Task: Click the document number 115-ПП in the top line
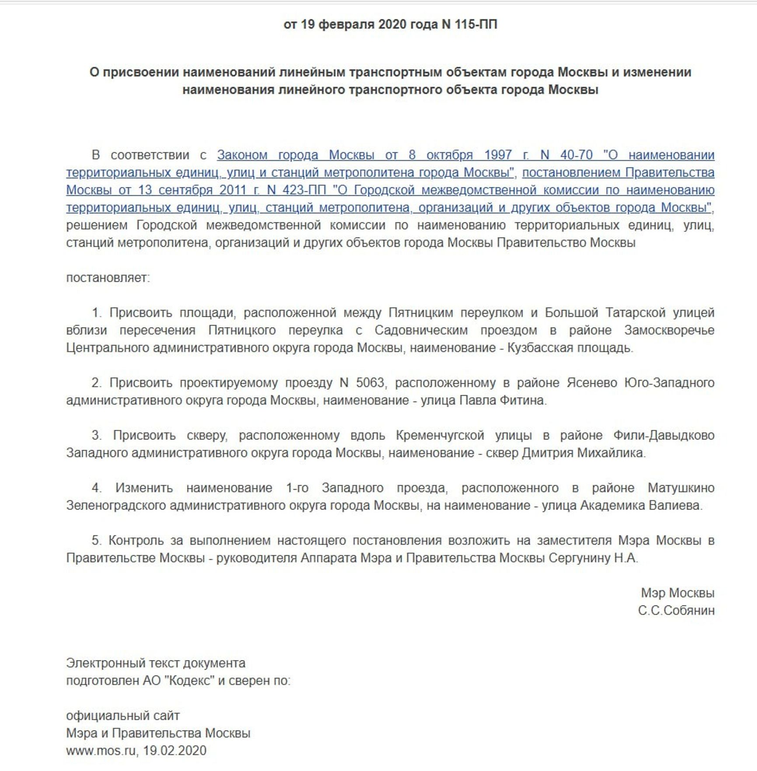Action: (476, 24)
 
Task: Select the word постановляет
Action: (108, 278)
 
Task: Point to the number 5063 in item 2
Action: (370, 383)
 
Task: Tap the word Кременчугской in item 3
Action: (440, 436)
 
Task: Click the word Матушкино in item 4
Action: (681, 488)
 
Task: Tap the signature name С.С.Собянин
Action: (676, 611)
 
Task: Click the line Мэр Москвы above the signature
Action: (677, 593)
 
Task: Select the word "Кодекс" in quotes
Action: (190, 681)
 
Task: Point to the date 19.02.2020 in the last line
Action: (174, 751)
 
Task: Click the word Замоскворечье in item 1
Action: (669, 331)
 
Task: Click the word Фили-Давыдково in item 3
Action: (663, 436)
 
